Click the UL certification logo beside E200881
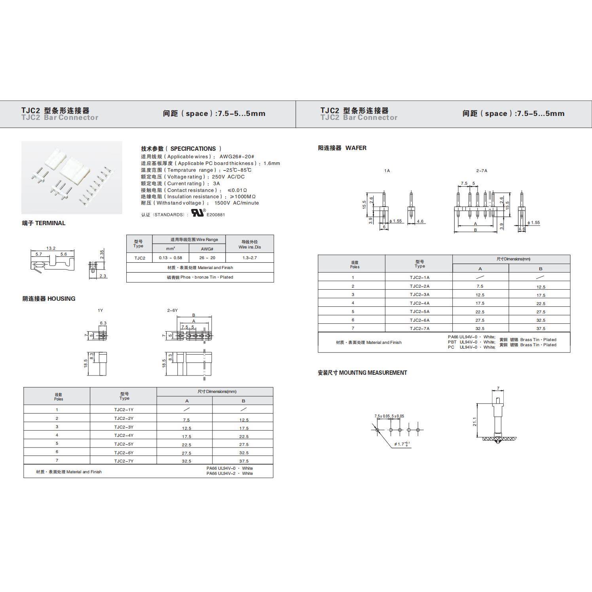pyautogui.click(x=198, y=213)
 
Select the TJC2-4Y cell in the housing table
pyautogui.click(x=123, y=435)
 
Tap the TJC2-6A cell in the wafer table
pyautogui.click(x=419, y=320)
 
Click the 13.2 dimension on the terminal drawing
pyautogui.click(x=51, y=248)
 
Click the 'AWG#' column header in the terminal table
pyautogui.click(x=207, y=249)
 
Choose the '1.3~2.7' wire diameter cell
pyautogui.click(x=249, y=258)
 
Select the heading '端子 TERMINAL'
pyautogui.click(x=44, y=223)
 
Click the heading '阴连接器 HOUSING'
pyautogui.click(x=49, y=299)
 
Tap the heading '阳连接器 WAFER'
pyautogui.click(x=342, y=148)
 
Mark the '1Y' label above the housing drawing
pyautogui.click(x=100, y=311)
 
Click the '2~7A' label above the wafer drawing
pyautogui.click(x=482, y=171)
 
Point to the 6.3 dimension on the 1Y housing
pyautogui.click(x=103, y=323)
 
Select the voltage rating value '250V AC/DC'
pyautogui.click(x=228, y=177)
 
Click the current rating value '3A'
pyautogui.click(x=216, y=184)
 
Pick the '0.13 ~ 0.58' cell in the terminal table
pyautogui.click(x=171, y=258)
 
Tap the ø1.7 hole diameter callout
pyautogui.click(x=401, y=444)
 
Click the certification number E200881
pyautogui.click(x=216, y=215)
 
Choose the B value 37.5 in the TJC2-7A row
pyautogui.click(x=541, y=328)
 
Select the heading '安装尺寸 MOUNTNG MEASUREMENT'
pyautogui.click(x=362, y=373)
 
